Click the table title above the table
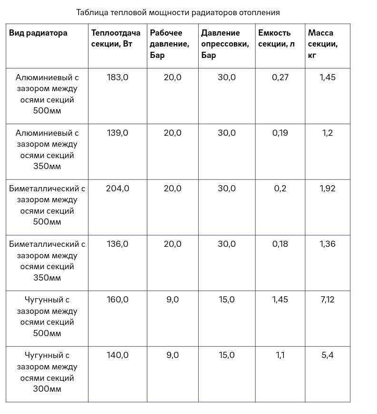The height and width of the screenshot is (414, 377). [178, 12]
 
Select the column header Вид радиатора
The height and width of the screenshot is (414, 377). [38, 33]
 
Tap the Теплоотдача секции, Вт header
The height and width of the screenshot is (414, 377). [116, 38]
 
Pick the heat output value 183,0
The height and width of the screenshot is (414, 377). [117, 77]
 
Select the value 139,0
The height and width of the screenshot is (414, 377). [117, 133]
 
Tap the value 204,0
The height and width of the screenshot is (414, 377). [117, 188]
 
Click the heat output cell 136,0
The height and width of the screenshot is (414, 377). [117, 244]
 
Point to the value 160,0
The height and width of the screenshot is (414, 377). [117, 300]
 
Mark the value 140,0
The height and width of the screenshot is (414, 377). [117, 355]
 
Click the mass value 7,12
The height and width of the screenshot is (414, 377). [328, 300]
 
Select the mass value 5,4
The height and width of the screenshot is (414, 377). [328, 355]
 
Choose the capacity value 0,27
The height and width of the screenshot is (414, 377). [280, 77]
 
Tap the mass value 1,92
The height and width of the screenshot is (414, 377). [328, 188]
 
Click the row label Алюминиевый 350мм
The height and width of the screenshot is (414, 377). [47, 150]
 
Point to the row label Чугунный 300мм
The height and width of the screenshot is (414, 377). [47, 372]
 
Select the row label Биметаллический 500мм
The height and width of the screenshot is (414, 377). [47, 205]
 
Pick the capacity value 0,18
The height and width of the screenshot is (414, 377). [280, 244]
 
